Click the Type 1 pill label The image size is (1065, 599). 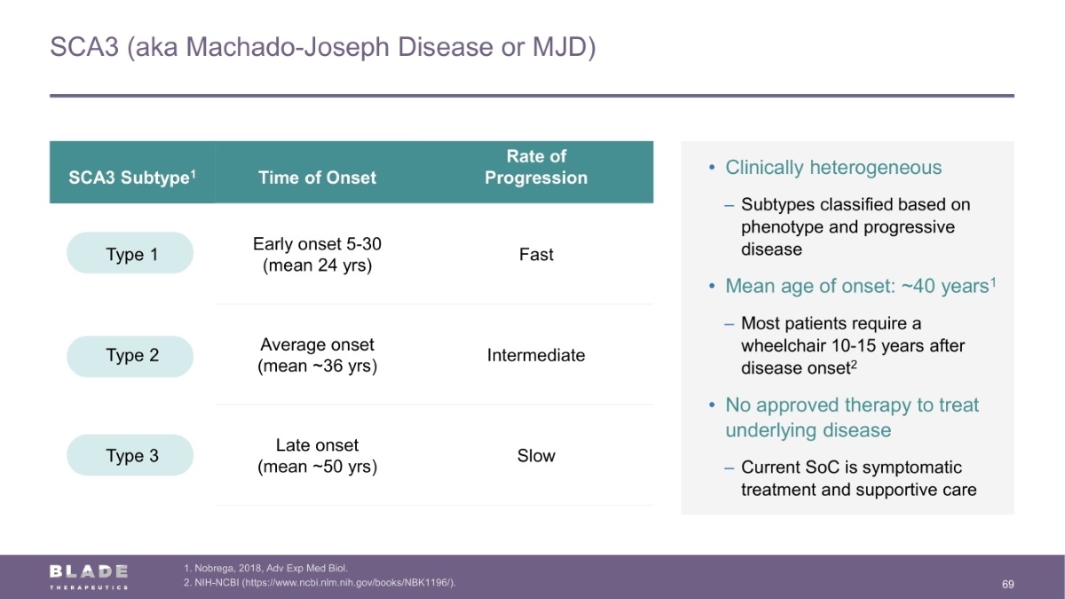point(130,253)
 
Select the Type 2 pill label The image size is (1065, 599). point(130,357)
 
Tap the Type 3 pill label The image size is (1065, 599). point(130,455)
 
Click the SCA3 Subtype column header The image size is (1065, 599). point(132,177)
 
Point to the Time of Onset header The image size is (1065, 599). point(317,177)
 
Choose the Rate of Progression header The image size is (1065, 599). point(536,167)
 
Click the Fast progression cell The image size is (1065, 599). point(536,255)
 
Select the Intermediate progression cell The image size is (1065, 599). point(536,355)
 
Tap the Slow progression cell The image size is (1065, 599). point(536,455)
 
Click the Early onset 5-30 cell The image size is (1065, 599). point(317,255)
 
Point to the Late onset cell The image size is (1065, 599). point(317,455)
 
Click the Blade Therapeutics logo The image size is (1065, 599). point(89,577)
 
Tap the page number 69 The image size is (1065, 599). point(1008,584)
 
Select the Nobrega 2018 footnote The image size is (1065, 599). point(265,568)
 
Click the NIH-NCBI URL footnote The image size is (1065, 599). point(319,582)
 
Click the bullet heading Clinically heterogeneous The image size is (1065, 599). point(833,168)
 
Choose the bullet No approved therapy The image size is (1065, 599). point(852,417)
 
